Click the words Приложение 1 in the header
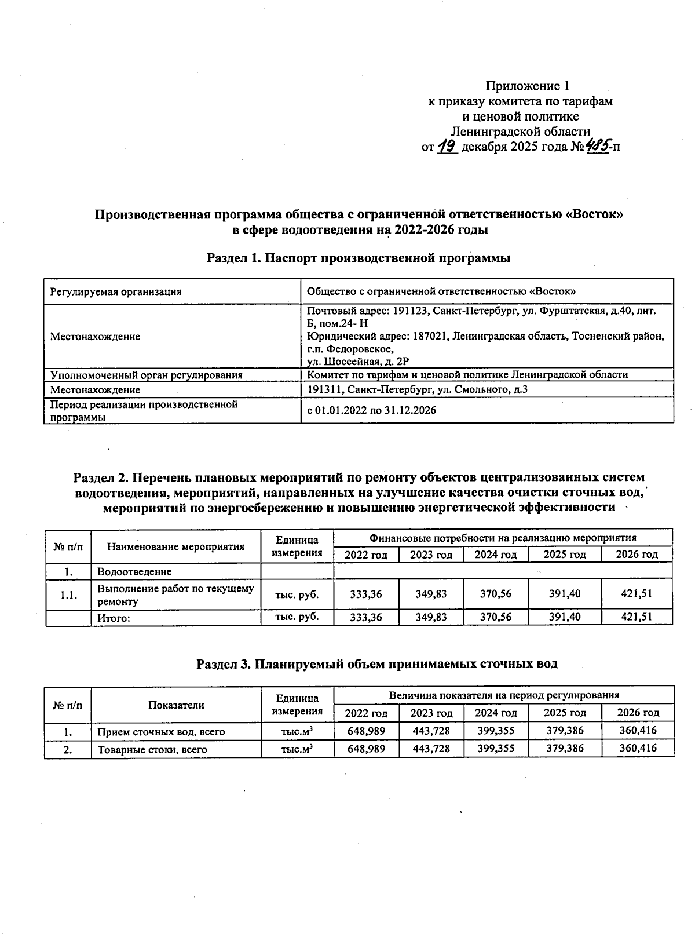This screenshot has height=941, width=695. (x=527, y=86)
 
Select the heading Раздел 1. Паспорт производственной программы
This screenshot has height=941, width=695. (x=359, y=258)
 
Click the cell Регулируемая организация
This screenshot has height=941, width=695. (x=116, y=291)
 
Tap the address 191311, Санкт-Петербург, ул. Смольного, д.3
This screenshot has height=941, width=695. (x=417, y=389)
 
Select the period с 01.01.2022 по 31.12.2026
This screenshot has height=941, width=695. (x=371, y=410)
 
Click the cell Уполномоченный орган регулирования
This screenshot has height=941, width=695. (x=146, y=375)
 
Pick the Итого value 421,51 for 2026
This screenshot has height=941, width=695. (x=637, y=617)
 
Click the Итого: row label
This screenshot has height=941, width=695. (x=114, y=618)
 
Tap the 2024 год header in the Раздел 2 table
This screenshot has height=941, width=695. (x=495, y=555)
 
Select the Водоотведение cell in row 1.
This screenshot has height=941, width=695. (x=134, y=572)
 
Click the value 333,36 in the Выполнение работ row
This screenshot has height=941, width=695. (x=366, y=594)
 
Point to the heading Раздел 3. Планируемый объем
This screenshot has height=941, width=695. (x=376, y=664)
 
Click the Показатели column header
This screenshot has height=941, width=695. (x=176, y=705)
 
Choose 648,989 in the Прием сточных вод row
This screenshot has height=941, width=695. (x=366, y=731)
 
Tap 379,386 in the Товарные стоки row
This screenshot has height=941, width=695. (x=565, y=749)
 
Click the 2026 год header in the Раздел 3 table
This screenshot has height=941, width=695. (x=638, y=713)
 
